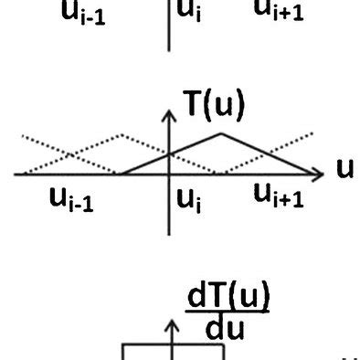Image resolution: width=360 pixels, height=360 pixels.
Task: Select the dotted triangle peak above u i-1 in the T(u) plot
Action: tap(119, 135)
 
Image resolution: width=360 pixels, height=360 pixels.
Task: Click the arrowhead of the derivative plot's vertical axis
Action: tap(169, 324)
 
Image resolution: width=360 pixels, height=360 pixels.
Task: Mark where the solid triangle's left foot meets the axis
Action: tap(119, 172)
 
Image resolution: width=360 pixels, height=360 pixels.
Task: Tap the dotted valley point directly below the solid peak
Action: tap(219, 171)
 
